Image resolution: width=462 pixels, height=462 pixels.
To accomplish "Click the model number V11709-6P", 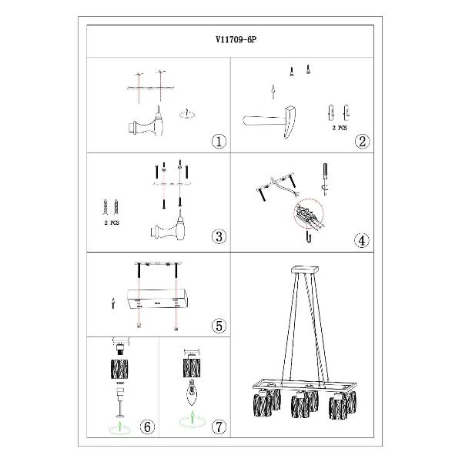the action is click(236, 40).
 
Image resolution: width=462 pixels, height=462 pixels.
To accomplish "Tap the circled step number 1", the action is click(219, 142).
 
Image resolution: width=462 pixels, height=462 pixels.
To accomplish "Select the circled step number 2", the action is click(362, 141).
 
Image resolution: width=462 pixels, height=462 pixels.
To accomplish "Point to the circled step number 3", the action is click(219, 236).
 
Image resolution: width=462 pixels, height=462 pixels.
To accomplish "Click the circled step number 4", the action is click(362, 240).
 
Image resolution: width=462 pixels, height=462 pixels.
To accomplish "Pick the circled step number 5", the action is click(219, 326).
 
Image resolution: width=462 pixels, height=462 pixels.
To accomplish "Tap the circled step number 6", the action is click(147, 427).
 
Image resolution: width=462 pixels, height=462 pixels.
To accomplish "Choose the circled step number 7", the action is click(219, 427).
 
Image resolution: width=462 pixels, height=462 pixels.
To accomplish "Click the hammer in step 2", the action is click(269, 121).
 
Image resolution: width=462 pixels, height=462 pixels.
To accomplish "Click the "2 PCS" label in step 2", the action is click(340, 128).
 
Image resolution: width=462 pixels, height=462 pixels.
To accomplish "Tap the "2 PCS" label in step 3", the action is click(112, 223).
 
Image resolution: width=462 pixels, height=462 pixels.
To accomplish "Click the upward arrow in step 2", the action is click(273, 92).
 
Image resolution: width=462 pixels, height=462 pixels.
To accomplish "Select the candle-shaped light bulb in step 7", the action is click(192, 393).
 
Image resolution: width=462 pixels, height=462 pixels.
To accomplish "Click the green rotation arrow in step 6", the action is click(120, 427).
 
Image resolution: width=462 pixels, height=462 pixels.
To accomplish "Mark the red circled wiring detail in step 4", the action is click(309, 213).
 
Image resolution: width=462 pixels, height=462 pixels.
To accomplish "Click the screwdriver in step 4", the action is click(325, 179).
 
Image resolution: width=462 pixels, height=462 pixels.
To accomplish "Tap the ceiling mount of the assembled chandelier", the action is click(305, 269).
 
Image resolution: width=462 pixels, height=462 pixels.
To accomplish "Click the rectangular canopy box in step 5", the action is click(158, 299).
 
